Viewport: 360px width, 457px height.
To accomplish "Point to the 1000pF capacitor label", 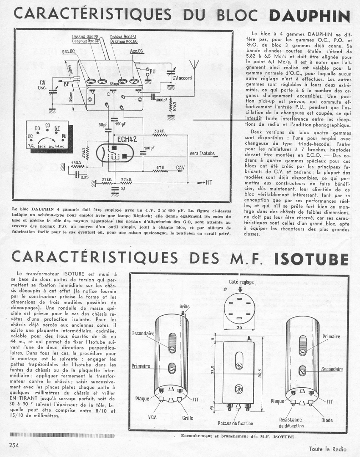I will point(161,100).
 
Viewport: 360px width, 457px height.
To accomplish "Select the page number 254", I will point(15,444).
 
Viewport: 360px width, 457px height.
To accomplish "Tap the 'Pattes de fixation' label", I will point(235,423).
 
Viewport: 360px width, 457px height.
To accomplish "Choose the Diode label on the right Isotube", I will point(327,420).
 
